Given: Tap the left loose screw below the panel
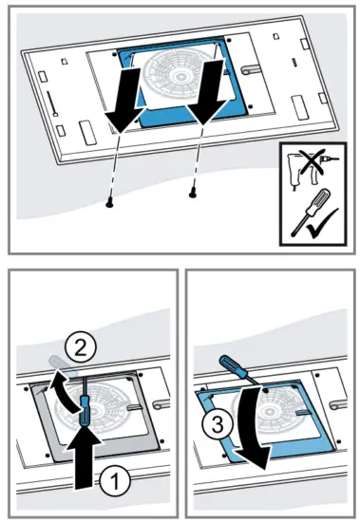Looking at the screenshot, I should [x=110, y=202].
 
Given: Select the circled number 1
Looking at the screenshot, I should [x=112, y=482].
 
